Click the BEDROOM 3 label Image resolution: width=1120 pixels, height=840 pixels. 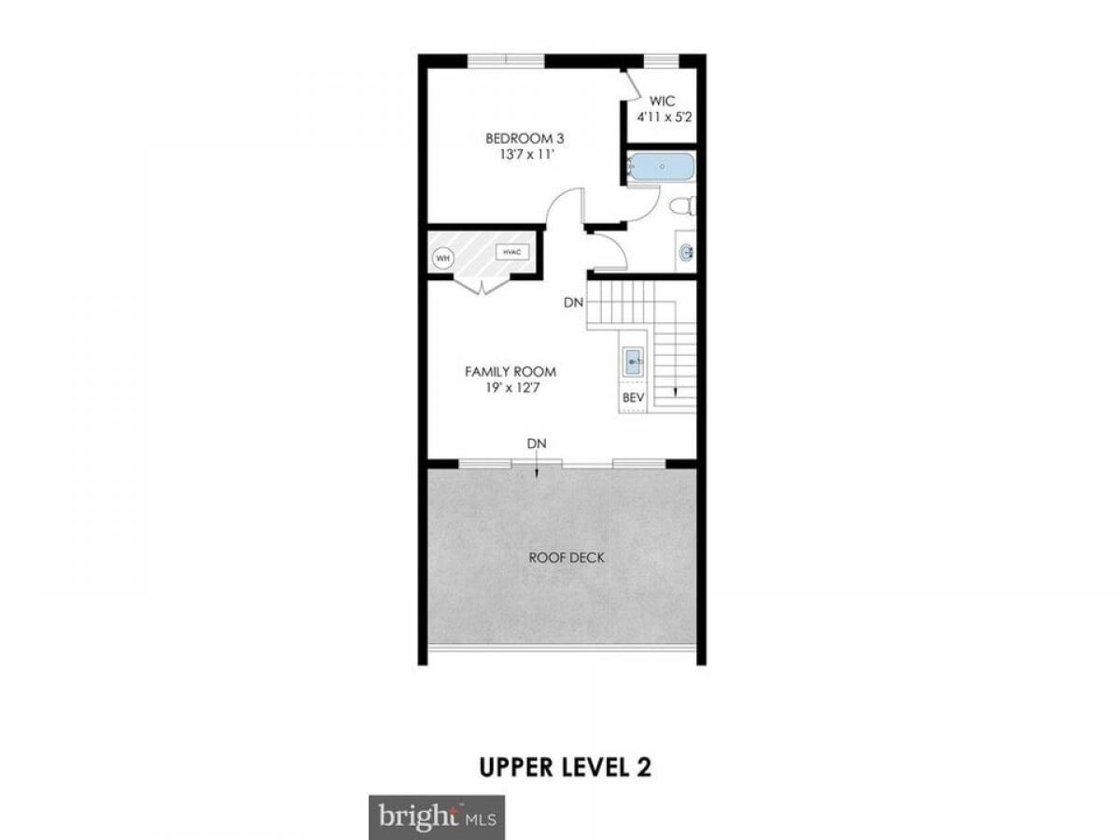click(x=525, y=138)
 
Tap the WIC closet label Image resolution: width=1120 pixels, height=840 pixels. click(x=663, y=101)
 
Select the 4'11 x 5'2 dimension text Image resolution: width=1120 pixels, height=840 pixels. click(x=664, y=117)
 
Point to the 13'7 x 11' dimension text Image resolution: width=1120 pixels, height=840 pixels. click(x=526, y=154)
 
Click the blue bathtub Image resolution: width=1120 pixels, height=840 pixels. click(x=661, y=166)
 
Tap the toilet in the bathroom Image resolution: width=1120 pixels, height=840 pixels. click(x=682, y=206)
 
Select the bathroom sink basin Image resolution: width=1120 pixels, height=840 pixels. click(x=686, y=252)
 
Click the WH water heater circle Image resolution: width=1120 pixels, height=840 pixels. click(x=443, y=259)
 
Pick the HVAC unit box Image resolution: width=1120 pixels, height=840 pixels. click(x=511, y=252)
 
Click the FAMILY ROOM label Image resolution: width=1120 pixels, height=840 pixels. click(x=511, y=371)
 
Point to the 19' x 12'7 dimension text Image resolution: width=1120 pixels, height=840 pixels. click(x=512, y=387)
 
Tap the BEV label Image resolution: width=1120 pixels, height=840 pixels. click(x=633, y=398)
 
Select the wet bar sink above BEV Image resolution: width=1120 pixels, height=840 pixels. click(x=633, y=361)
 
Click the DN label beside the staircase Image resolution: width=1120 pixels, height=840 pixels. click(x=573, y=302)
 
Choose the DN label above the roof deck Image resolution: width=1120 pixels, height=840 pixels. click(x=537, y=443)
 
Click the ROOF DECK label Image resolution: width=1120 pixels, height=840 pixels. click(x=567, y=557)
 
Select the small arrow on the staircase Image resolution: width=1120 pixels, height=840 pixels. click(x=676, y=391)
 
